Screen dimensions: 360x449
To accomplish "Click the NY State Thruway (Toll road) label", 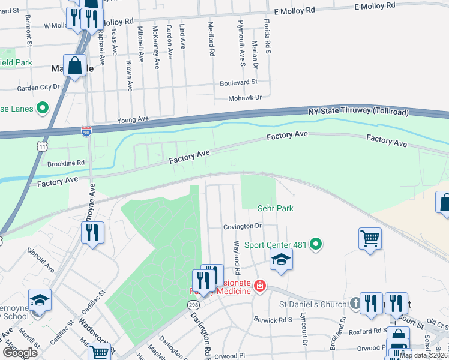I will coord(358,112).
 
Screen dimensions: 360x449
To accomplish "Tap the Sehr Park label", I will coord(275,208).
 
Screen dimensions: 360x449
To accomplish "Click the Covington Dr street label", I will coord(243,226).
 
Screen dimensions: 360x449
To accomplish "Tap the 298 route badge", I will coord(193,305).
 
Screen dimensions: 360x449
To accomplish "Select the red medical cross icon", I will coord(260,286).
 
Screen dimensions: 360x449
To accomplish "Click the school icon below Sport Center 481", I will coord(280,260).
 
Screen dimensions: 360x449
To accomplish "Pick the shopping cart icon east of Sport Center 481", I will coord(370,239).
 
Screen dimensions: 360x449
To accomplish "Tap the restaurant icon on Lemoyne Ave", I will coord(92,233).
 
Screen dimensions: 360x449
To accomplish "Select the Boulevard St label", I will coord(238,82).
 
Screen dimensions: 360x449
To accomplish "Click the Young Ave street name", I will coord(133,119).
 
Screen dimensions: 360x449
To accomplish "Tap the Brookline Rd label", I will coord(66,163).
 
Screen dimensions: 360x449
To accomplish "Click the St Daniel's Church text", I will coord(313,304).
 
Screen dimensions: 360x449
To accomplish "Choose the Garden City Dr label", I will coord(39,87).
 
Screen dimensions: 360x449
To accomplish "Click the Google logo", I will coord(20,353).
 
